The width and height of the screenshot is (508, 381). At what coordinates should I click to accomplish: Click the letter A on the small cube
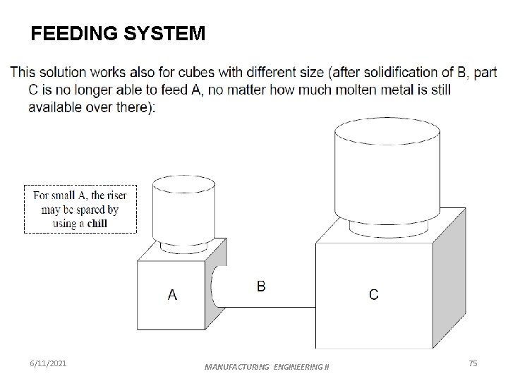pyautogui.click(x=172, y=295)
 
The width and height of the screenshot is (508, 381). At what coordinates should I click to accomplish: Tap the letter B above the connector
pyautogui.click(x=261, y=286)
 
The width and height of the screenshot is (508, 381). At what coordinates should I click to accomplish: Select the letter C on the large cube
pyautogui.click(x=373, y=295)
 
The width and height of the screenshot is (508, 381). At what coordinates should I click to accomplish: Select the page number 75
pyautogui.click(x=473, y=363)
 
